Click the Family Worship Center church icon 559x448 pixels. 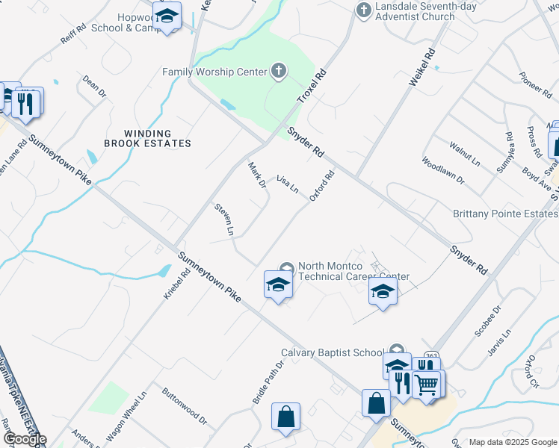pyautogui.click(x=278, y=72)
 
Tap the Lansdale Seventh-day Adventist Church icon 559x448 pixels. pyautogui.click(x=363, y=10)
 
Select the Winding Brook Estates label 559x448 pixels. pyautogui.click(x=147, y=137)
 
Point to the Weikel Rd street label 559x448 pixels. pyautogui.click(x=421, y=68)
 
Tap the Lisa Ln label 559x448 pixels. pyautogui.click(x=288, y=184)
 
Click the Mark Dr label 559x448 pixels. pyautogui.click(x=257, y=176)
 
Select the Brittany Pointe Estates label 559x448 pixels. pyautogui.click(x=505, y=214)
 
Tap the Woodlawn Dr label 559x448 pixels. pyautogui.click(x=443, y=171)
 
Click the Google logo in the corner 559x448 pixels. pyautogui.click(x=24, y=439)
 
